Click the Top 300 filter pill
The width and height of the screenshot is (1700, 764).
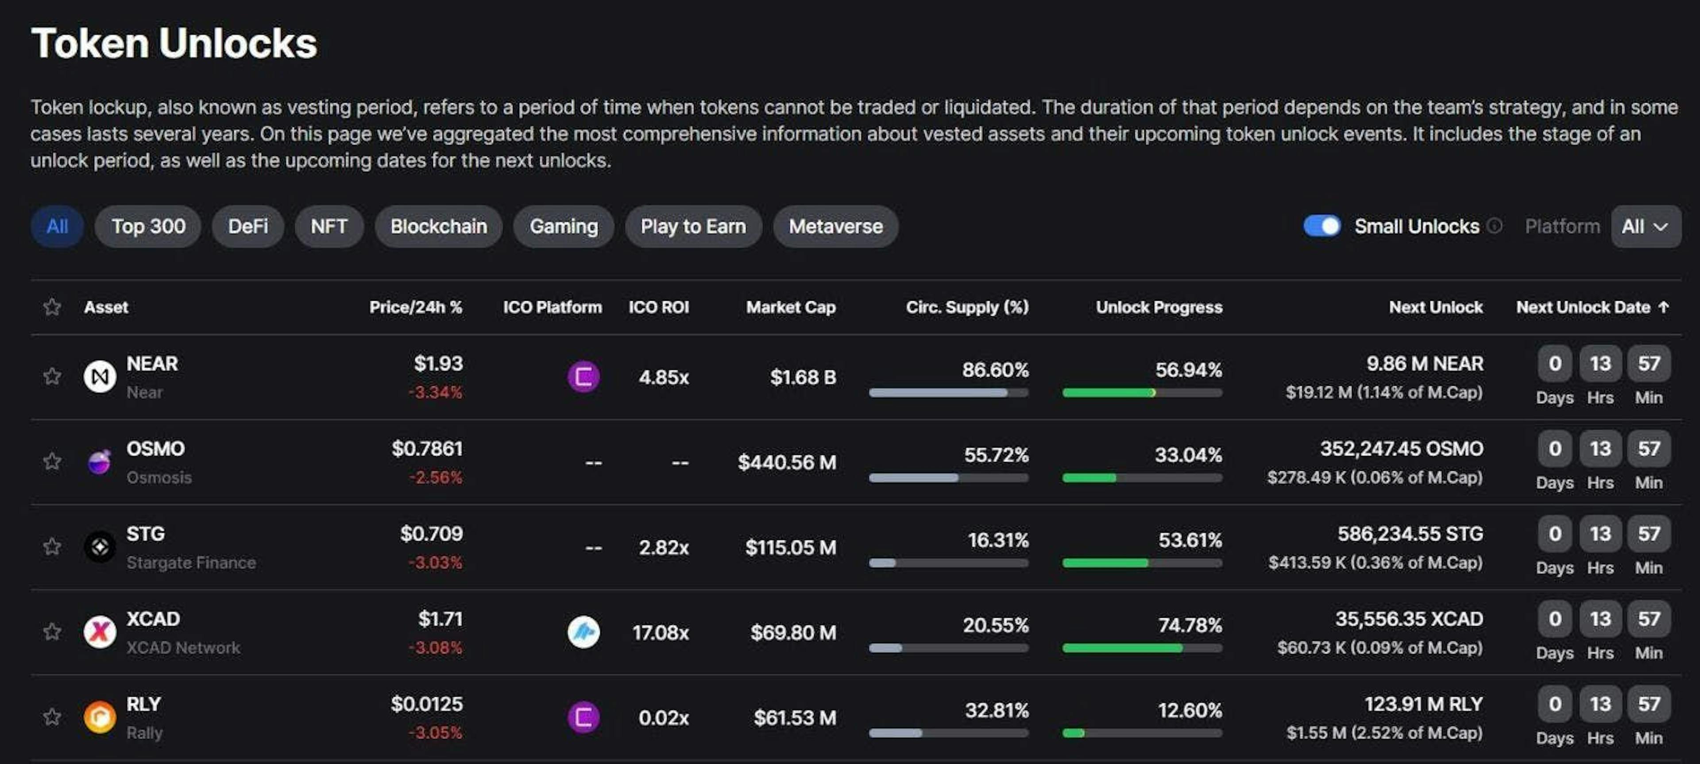click(148, 226)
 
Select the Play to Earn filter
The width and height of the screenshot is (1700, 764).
click(693, 226)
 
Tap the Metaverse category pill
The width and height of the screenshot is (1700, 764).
click(835, 226)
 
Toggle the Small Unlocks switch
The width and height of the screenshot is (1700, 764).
click(1322, 226)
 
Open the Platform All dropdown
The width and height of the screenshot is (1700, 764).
click(1645, 226)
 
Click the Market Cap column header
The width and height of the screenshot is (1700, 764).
click(791, 307)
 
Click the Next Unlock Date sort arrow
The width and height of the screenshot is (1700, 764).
click(1664, 307)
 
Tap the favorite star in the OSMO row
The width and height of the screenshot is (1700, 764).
click(52, 461)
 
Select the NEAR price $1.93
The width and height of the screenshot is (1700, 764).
click(438, 363)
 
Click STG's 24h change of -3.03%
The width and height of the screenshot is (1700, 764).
click(436, 562)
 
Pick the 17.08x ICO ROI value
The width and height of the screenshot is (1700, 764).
click(660, 632)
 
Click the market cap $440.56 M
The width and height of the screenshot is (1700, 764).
click(787, 462)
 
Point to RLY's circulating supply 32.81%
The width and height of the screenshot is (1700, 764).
click(997, 710)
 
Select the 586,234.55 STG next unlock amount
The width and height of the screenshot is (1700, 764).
click(1410, 534)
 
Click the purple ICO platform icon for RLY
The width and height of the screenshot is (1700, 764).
click(583, 717)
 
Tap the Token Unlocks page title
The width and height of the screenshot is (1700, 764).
click(174, 43)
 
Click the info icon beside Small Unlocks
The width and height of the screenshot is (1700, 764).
click(1495, 226)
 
